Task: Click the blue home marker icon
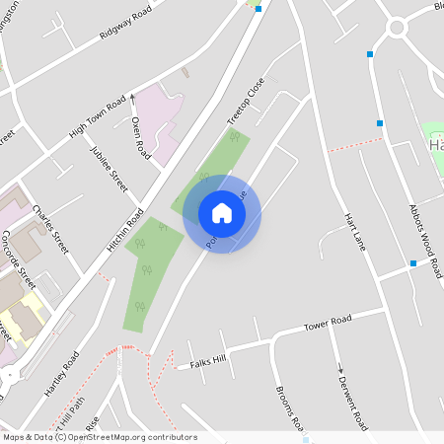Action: (x=221, y=212)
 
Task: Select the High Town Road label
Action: (x=97, y=115)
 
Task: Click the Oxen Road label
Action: (x=139, y=138)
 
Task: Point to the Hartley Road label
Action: (x=62, y=372)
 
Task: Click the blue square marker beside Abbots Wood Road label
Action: (x=412, y=262)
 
